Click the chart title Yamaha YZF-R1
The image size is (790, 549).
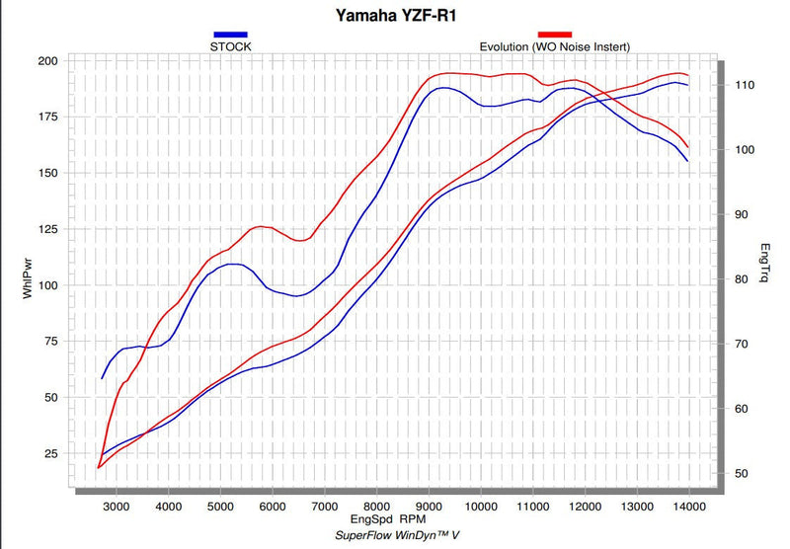pos(396,15)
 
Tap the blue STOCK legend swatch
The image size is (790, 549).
pos(230,35)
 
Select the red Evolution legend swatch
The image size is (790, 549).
pos(555,35)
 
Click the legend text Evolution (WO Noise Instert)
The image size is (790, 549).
pos(555,46)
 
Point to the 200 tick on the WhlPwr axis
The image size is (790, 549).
pos(47,61)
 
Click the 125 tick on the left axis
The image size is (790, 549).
pos(47,229)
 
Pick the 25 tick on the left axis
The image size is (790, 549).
pos(51,454)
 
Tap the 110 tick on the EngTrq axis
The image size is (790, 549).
pos(745,85)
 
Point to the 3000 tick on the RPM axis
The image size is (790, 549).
pos(117,507)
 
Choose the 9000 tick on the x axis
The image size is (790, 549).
pos(429,507)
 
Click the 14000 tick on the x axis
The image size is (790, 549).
pos(689,507)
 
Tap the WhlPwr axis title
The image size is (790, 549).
pos(28,278)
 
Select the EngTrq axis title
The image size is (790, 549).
pos(764,263)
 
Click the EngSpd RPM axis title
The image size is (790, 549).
pos(388,519)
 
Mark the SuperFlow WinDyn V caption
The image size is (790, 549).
pos(397,535)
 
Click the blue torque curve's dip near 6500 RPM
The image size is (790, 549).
pos(296,296)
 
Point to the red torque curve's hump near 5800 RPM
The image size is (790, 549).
pos(261,227)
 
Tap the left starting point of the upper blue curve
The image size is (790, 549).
pos(103,378)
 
